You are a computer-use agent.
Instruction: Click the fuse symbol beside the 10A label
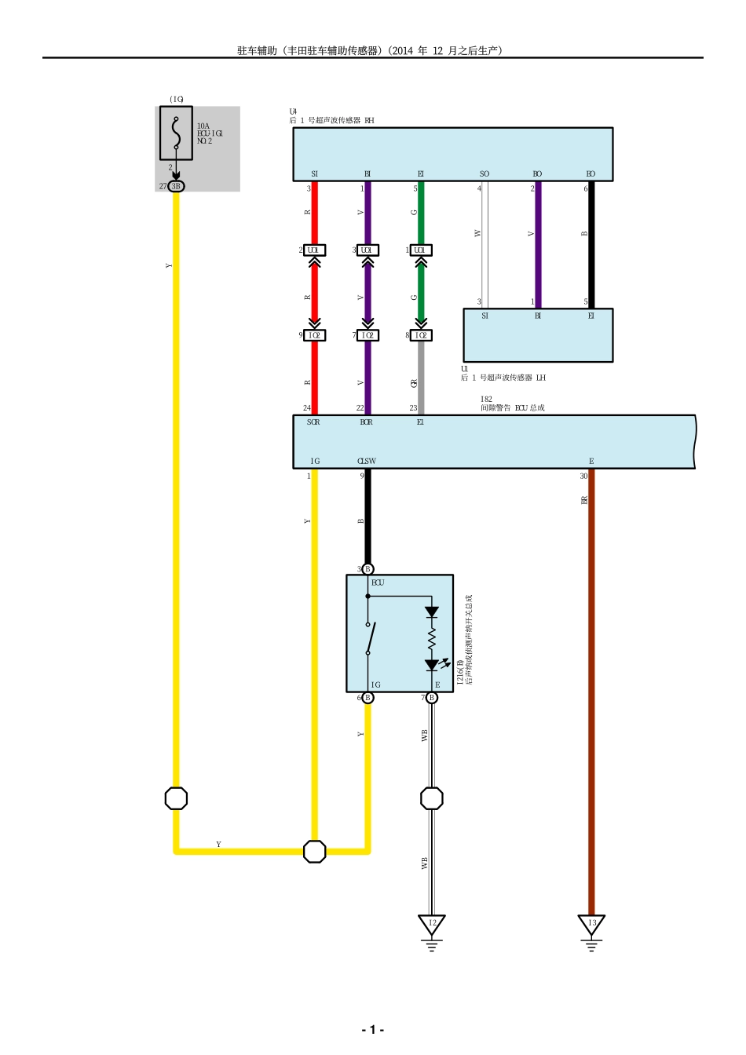click(x=176, y=134)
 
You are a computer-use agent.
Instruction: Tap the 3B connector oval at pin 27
click(x=176, y=186)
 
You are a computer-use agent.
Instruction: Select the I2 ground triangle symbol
click(x=432, y=924)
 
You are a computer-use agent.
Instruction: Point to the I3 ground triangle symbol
click(x=591, y=924)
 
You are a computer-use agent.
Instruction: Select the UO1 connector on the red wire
click(x=314, y=250)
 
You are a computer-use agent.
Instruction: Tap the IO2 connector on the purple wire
click(x=368, y=335)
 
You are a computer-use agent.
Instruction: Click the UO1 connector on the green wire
click(x=421, y=250)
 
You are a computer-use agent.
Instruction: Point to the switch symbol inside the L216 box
click(x=369, y=637)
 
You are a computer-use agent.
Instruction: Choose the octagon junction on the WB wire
click(x=432, y=798)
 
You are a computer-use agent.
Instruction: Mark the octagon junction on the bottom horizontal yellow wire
click(x=314, y=851)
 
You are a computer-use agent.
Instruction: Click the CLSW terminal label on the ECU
click(x=367, y=462)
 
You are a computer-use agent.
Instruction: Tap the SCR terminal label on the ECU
click(x=313, y=422)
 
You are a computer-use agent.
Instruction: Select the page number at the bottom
click(x=372, y=1030)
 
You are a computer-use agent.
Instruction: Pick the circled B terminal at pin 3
click(x=368, y=569)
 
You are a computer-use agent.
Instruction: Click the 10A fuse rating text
click(x=203, y=126)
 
